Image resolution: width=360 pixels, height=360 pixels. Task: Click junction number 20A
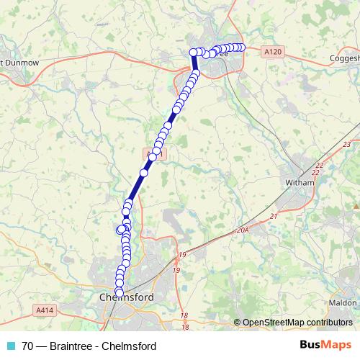241,230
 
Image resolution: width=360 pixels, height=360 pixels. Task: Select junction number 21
273,216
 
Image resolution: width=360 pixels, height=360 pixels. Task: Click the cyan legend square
9,346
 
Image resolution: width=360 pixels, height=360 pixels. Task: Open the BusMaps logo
325,345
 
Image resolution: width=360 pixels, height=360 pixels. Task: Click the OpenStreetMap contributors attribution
297,322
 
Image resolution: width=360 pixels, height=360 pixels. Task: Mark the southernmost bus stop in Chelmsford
120,290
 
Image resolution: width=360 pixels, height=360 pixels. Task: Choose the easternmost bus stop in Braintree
242,48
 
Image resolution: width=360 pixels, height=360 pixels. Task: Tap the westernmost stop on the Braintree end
193,52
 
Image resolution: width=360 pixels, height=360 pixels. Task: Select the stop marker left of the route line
120,230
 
